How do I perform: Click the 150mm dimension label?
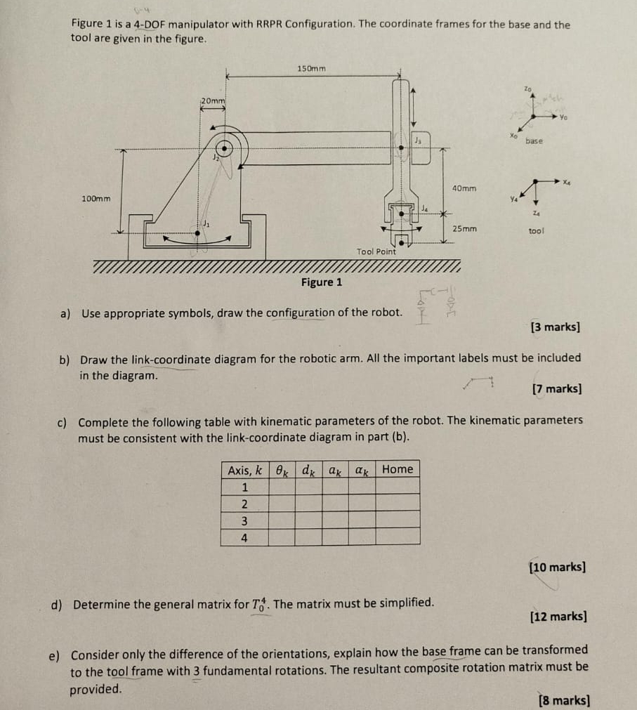point(312,68)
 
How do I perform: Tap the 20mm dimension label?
point(213,100)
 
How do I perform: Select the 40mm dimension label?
point(464,189)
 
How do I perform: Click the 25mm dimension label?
point(464,229)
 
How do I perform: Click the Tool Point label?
point(376,251)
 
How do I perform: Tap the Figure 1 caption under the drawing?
point(322,282)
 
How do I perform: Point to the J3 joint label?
point(419,140)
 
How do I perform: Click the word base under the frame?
point(534,141)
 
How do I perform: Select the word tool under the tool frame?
point(537,230)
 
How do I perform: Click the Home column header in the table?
point(397,469)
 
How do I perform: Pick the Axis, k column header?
point(244,469)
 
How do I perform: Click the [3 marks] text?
point(556,327)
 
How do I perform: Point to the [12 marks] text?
point(559,617)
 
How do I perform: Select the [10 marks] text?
point(558,567)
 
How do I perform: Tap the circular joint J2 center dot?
point(224,149)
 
